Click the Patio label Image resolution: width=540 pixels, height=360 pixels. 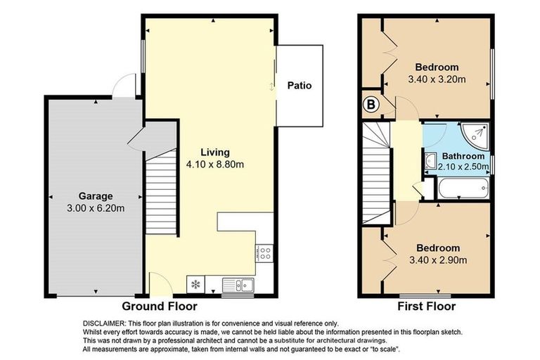coord(300,86)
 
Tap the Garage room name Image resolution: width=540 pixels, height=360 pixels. coord(95,196)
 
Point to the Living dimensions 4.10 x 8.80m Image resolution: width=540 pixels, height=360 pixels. coord(214,165)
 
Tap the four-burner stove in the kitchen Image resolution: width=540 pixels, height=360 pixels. coord(265,253)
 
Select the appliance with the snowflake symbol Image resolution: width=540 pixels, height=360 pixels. coord(195,285)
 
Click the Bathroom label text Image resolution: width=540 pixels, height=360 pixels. coord(463,156)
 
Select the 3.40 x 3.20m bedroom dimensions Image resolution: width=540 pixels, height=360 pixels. coord(437,79)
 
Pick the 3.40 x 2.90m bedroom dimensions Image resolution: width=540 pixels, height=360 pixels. coord(437,260)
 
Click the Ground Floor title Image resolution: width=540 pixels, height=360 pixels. coord(160,307)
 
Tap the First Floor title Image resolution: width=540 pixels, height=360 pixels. coord(426,307)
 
